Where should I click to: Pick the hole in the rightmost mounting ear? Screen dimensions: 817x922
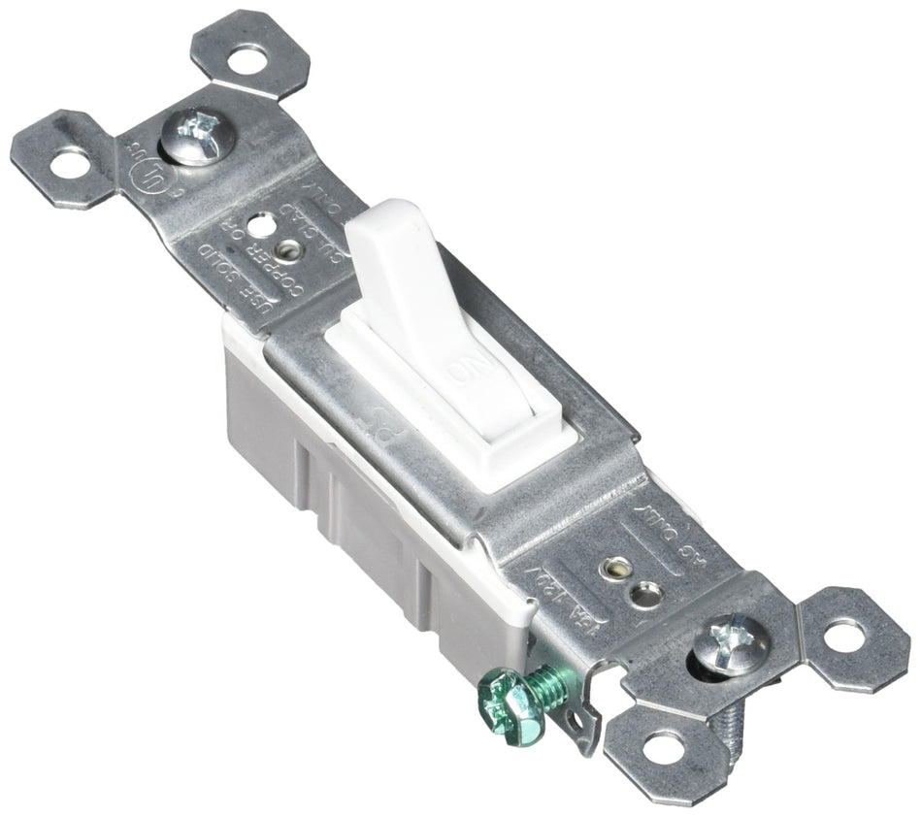843,636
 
